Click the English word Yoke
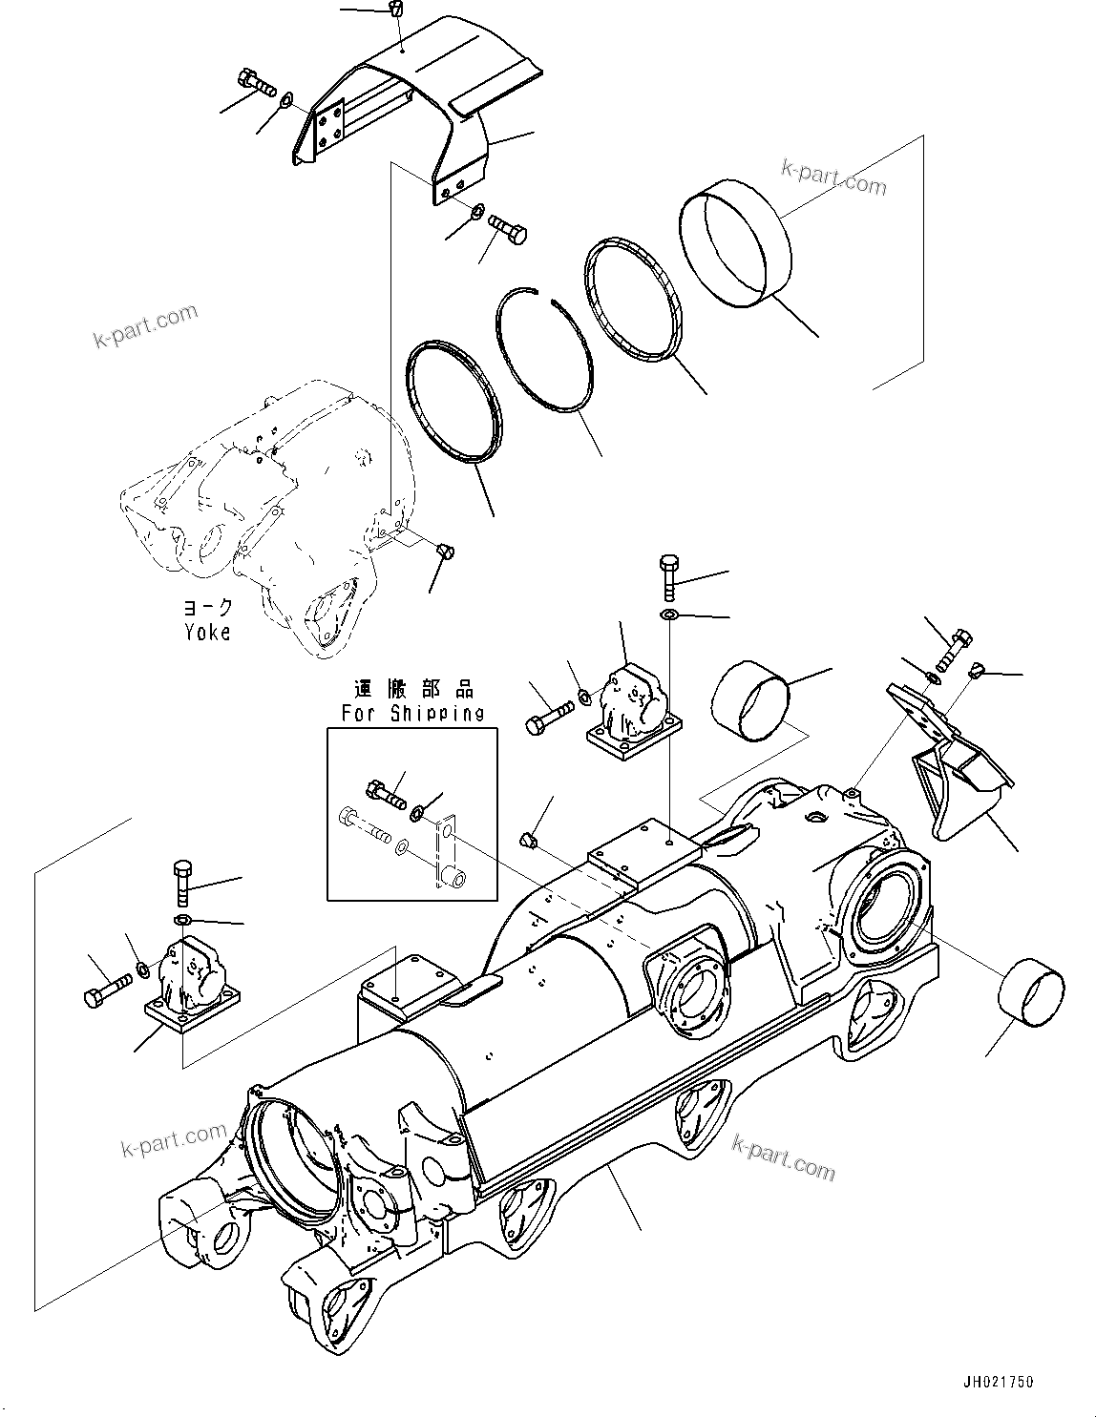click(x=207, y=631)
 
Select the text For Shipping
click(x=412, y=712)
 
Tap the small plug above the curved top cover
click(x=396, y=10)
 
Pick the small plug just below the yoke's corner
click(x=444, y=551)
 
